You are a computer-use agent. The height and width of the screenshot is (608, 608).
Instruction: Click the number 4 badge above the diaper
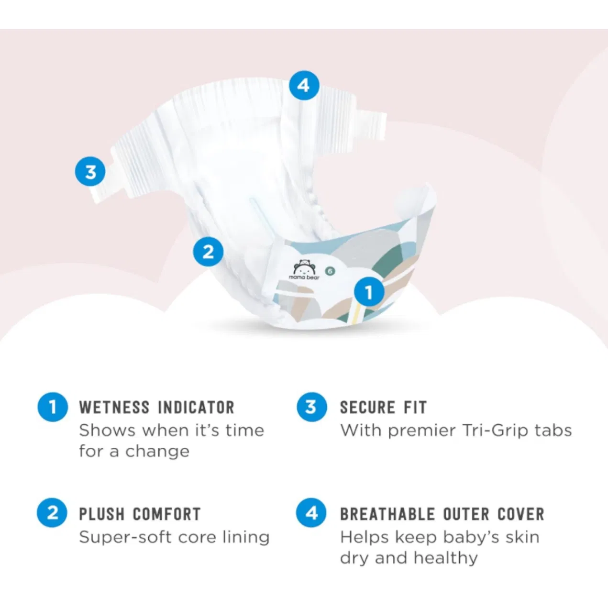click(x=304, y=86)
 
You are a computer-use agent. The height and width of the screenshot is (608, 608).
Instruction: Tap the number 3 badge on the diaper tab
click(x=90, y=172)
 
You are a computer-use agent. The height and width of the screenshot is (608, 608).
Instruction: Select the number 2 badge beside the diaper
click(x=208, y=252)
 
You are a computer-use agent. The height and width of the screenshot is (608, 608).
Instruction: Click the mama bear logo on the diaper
click(x=304, y=269)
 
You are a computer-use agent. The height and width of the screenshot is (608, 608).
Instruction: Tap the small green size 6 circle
click(x=330, y=271)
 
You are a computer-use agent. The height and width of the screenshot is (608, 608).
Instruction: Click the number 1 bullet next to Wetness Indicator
click(x=53, y=407)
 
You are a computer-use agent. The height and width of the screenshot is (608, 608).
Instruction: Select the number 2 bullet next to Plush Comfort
click(x=52, y=512)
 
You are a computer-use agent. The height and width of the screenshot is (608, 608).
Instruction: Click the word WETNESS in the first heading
click(x=114, y=408)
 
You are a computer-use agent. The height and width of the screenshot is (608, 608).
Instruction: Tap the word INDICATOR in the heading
click(x=196, y=408)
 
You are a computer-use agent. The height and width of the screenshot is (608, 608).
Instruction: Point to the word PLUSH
click(x=101, y=514)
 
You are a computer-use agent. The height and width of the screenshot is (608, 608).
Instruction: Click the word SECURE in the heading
click(x=367, y=408)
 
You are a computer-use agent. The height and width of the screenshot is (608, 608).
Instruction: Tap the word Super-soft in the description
click(x=125, y=537)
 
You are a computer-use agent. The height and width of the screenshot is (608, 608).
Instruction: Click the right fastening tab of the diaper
click(x=372, y=126)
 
